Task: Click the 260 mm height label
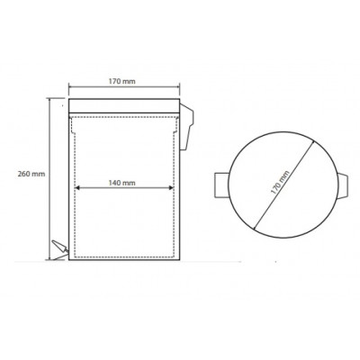(x=31, y=174)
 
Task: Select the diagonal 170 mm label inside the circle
(x=280, y=183)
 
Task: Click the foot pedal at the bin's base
(x=60, y=249)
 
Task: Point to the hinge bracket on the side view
(x=186, y=127)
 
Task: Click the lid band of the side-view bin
(x=124, y=105)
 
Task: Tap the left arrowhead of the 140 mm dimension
(x=76, y=188)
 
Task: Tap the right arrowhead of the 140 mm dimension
(x=172, y=188)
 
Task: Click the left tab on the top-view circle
(x=221, y=185)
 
